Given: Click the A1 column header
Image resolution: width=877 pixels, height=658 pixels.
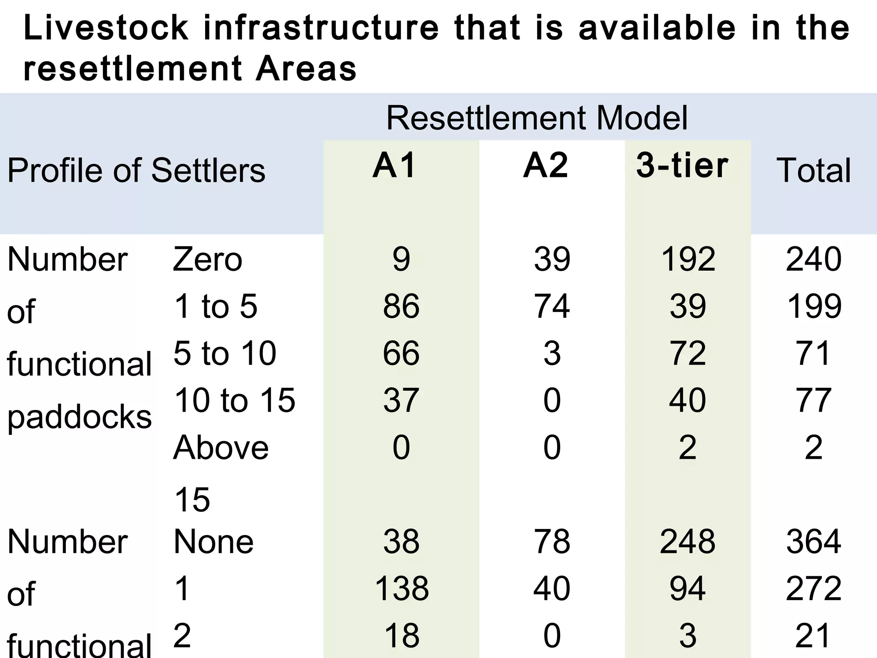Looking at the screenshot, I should pos(394,166).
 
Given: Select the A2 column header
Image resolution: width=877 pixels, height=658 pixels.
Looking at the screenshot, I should pos(546,166).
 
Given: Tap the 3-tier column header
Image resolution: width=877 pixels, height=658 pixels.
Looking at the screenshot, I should pos(682,166).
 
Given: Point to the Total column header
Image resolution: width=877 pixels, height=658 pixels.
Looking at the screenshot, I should pos(814,170).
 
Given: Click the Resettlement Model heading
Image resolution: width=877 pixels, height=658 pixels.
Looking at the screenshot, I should pos(537,118).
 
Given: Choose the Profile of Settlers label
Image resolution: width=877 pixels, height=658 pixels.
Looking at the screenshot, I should pos(136,170).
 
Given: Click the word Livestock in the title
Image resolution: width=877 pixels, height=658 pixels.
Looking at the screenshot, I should pos(106,28).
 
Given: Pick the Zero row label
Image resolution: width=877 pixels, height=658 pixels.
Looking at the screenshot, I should pos(207,260).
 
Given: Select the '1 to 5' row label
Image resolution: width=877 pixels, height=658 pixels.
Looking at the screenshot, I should pos(216,306).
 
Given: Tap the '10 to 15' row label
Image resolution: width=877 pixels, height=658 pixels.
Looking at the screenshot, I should pos(235,400).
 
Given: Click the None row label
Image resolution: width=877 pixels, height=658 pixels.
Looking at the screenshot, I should pos(213,541).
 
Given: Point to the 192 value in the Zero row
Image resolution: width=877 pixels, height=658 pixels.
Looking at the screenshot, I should pos(688,260).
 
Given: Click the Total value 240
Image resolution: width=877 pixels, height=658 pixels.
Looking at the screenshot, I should pos(814,260).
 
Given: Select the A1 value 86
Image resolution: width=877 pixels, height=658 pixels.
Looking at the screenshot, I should pos(401,306).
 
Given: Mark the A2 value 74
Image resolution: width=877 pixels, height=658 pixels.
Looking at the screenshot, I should pos(552,306).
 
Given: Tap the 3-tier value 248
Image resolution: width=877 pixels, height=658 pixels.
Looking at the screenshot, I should pos(688,541).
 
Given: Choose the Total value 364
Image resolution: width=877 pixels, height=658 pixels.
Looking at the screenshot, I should pos(814,541).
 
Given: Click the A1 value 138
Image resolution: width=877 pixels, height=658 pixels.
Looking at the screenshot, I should pos(401,589).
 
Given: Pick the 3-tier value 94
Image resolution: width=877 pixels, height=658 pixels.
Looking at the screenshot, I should pos(688,589).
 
